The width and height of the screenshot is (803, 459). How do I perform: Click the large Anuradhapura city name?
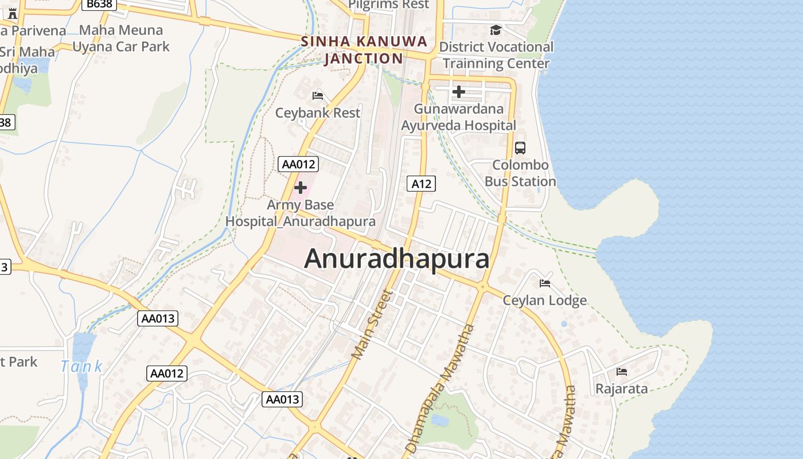click(397, 259)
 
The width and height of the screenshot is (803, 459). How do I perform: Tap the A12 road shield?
click(422, 184)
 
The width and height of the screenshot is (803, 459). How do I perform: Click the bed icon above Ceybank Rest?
click(317, 95)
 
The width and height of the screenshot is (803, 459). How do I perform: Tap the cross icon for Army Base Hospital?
click(300, 188)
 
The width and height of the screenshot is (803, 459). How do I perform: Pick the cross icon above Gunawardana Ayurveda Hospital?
click(458, 91)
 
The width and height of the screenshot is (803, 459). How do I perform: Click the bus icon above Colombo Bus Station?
click(520, 148)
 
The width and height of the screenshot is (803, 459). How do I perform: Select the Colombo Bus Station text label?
click(520, 173)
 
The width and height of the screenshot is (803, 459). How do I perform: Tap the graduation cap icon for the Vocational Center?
click(496, 30)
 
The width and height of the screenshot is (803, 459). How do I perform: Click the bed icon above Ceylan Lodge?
click(545, 283)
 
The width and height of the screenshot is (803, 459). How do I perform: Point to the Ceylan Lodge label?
click(545, 300)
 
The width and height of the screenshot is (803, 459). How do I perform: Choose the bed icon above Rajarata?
click(621, 372)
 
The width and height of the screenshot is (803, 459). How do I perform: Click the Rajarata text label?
click(622, 388)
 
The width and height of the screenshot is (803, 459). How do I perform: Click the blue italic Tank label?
click(81, 366)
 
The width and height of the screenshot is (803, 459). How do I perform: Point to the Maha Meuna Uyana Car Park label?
click(121, 38)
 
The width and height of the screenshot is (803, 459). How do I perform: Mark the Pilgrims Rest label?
click(389, 5)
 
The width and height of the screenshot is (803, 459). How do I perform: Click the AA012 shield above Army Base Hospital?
click(298, 164)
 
